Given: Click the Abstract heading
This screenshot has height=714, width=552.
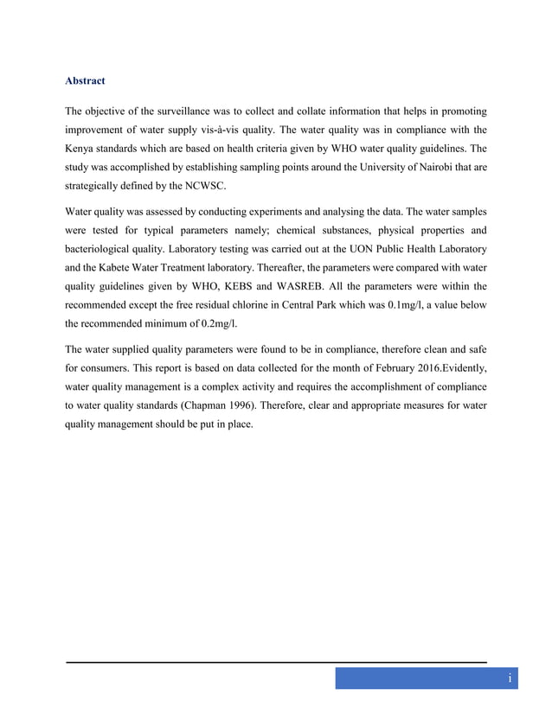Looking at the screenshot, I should (85, 81).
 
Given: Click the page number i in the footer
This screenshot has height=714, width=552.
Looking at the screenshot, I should (510, 679).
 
